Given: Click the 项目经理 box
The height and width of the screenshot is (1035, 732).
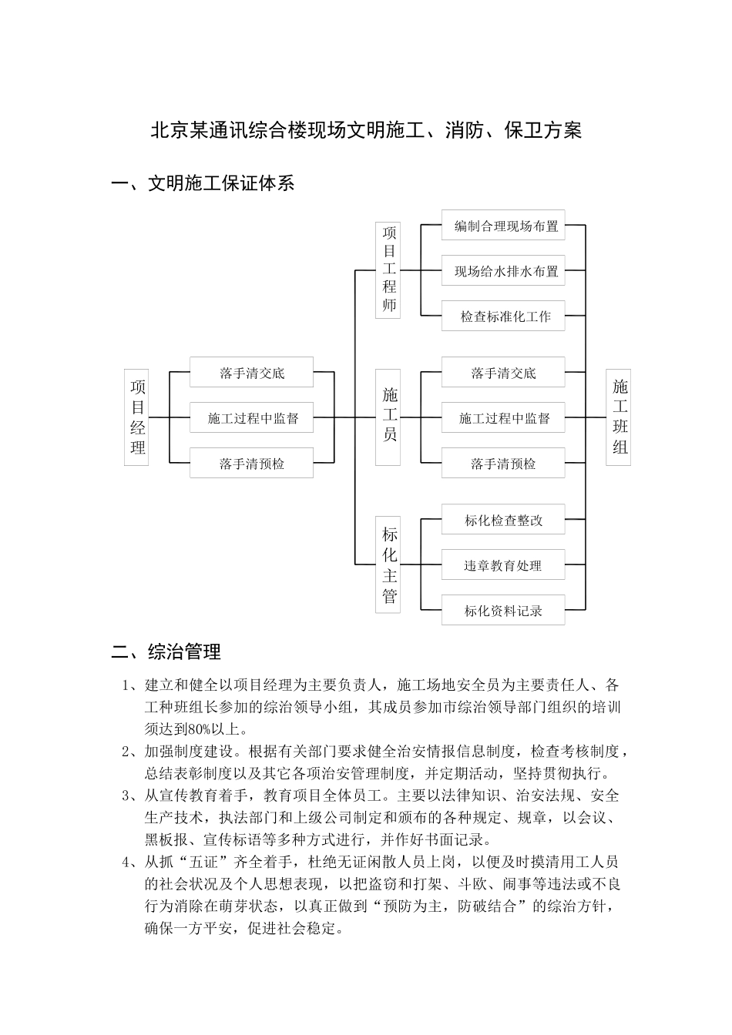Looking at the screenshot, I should pos(136,417).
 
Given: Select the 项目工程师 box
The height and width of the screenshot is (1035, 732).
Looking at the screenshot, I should pos(388,270).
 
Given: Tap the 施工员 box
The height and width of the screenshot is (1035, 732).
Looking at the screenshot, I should pos(388,417).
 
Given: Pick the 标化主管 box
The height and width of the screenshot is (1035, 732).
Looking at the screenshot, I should pos(388,564).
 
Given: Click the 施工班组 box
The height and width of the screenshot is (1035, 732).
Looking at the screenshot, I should pos(619,417).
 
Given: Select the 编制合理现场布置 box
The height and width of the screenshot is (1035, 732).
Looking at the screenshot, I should pos(503,226).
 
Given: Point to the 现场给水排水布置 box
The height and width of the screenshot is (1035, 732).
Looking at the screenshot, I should pos(503,271).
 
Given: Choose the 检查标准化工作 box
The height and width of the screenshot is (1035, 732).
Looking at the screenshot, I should pos(503,316).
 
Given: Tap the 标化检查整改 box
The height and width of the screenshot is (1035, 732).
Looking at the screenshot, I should pos(503,521).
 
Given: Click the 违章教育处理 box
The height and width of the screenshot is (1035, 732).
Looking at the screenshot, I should pos(503,565).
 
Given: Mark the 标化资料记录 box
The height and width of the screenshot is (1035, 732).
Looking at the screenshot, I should pos(503,611).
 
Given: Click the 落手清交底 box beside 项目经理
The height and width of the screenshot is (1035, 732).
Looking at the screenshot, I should pos(252,373).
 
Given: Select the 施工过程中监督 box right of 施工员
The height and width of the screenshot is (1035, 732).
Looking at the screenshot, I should pos(503,418).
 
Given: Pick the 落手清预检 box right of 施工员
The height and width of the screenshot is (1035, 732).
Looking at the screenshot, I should pos(503,464).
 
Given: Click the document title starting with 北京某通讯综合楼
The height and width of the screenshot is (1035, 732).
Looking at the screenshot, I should pos(366,130).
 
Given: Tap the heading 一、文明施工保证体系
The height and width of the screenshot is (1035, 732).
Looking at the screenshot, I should pos(203,183).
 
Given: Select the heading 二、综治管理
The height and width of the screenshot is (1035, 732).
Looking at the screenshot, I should pos(166,652).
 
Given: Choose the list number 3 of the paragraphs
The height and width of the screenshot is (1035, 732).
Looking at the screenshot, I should pos(126,796).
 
